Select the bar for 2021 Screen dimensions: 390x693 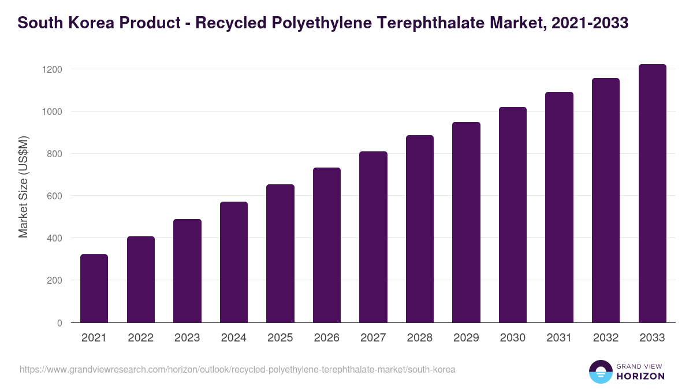(94, 288)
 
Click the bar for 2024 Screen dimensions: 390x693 (234, 262)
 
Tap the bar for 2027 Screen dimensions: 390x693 (373, 237)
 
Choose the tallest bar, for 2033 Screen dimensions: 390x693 (652, 194)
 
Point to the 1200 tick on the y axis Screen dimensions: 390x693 (52, 69)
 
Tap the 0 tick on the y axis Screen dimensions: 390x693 (59, 323)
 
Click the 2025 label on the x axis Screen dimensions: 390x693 (280, 338)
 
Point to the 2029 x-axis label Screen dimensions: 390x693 (466, 338)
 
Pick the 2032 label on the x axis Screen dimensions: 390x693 (606, 338)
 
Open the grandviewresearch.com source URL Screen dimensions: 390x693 (237, 369)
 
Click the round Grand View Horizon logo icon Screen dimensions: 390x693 (600, 372)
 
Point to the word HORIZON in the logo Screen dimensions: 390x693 (640, 376)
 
